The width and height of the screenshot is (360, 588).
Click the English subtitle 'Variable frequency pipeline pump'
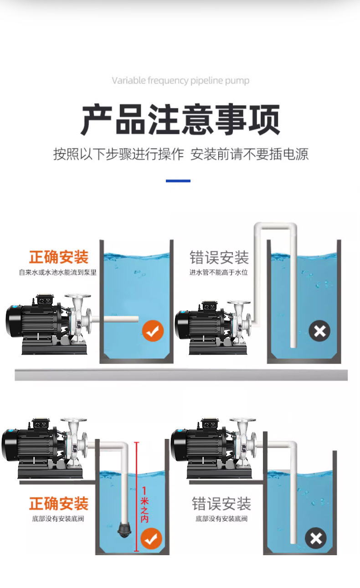(x=180, y=81)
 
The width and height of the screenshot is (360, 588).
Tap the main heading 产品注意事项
(x=180, y=119)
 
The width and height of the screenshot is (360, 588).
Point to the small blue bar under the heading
(x=178, y=181)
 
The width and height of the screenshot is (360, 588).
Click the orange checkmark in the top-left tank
(x=153, y=331)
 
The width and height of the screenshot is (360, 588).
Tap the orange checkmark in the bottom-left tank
(x=151, y=539)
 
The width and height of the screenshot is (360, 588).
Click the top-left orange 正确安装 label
(x=59, y=257)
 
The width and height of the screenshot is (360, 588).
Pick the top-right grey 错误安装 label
(x=219, y=258)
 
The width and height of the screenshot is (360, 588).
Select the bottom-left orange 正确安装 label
(x=59, y=504)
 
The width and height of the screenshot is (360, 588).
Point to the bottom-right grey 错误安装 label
(x=221, y=504)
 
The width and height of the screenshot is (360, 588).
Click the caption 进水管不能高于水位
(x=219, y=273)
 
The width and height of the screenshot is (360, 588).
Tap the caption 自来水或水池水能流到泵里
(x=58, y=273)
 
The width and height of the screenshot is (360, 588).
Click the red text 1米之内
(x=144, y=504)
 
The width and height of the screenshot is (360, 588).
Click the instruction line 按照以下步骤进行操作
(x=118, y=154)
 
